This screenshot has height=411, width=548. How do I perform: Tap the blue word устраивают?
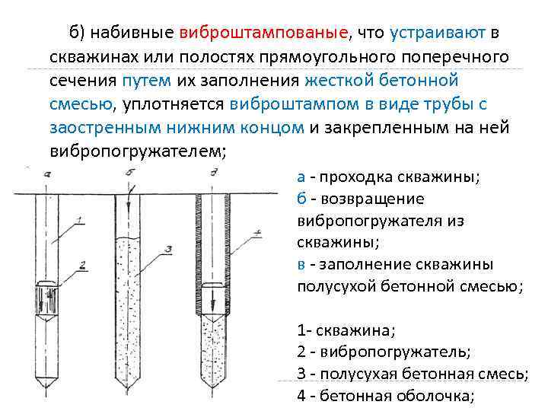pos(434,33)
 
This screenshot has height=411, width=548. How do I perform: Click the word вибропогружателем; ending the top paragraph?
pos(138,150)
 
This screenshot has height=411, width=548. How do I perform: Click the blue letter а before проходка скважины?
pos(301,177)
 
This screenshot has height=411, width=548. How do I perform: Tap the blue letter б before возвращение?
pos(301,199)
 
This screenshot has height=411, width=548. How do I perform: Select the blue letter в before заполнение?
pos(301,265)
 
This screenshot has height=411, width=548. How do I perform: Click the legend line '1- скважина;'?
pos(346,331)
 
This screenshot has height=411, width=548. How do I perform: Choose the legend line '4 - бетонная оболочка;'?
pos(386,396)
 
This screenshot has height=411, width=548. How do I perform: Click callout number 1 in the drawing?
pos(81,221)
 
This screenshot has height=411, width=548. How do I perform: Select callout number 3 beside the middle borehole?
pos(168,248)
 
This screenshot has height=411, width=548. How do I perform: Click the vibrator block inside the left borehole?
pos(47,294)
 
